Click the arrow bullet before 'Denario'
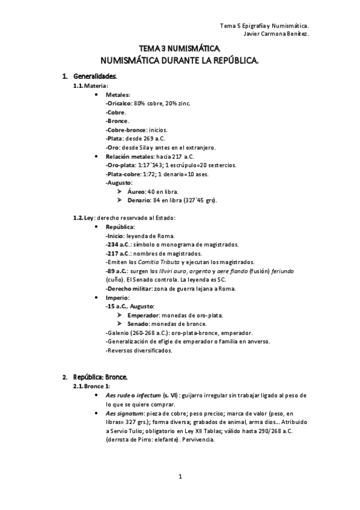[x=120, y=200]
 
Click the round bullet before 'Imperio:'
[x=98, y=298]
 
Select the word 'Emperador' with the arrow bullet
[x=143, y=315]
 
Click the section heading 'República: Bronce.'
[x=100, y=376]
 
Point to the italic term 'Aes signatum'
[x=126, y=414]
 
